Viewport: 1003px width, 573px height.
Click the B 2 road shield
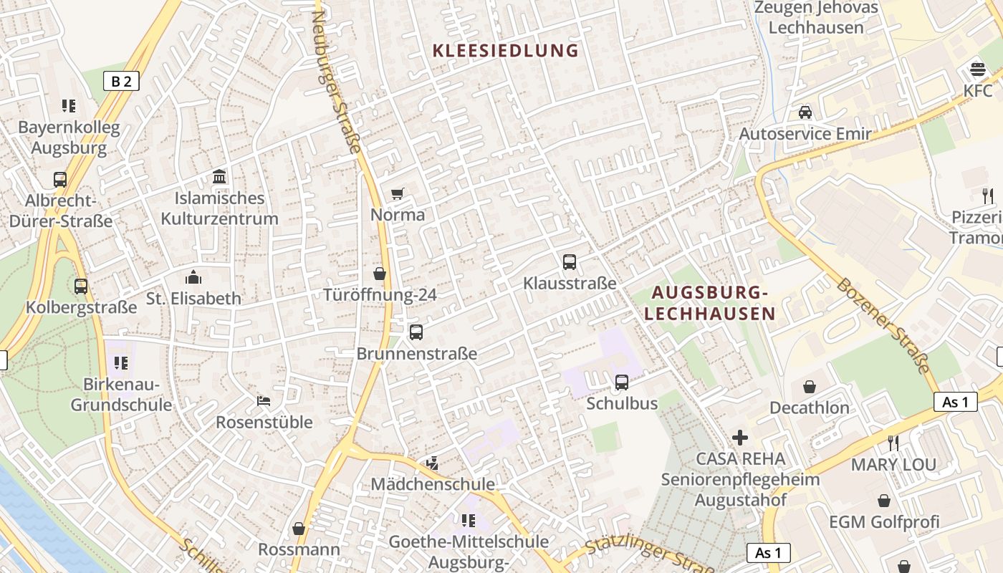(x=121, y=81)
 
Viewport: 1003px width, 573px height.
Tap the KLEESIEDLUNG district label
(x=506, y=51)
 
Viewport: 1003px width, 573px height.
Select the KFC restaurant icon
(x=978, y=70)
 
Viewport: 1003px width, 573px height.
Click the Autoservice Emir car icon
(x=805, y=112)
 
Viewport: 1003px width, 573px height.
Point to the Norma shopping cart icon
(x=398, y=193)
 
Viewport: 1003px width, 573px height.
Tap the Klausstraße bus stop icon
(x=570, y=262)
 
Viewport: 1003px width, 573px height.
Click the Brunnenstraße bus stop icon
(x=416, y=332)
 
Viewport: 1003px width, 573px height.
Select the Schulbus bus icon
(x=622, y=382)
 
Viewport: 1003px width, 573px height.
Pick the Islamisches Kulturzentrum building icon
(x=219, y=176)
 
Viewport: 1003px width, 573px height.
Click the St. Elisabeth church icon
(x=193, y=277)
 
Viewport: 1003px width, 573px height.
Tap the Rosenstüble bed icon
(x=264, y=401)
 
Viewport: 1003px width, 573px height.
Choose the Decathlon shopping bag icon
(x=810, y=387)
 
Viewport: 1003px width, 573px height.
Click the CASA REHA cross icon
(x=740, y=437)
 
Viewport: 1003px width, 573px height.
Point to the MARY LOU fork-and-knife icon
(x=893, y=443)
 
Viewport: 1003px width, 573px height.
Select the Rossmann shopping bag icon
(x=299, y=529)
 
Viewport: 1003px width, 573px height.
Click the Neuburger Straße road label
(x=337, y=82)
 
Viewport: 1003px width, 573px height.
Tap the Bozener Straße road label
(x=886, y=326)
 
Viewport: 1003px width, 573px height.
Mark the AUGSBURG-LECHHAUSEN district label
(x=710, y=303)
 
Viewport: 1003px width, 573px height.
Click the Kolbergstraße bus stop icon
(x=81, y=286)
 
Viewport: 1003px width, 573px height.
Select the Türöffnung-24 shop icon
(x=380, y=274)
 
